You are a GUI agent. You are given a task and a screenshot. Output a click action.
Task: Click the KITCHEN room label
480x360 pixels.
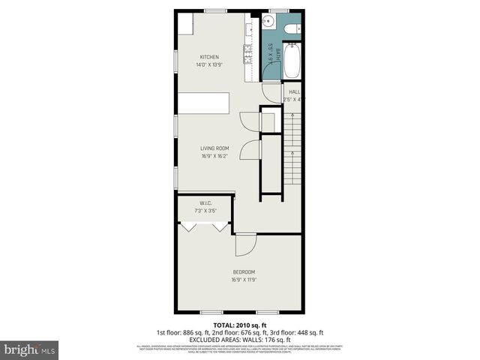coord(209,57)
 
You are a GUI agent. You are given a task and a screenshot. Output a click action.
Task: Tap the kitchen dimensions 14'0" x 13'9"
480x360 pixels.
coord(209,64)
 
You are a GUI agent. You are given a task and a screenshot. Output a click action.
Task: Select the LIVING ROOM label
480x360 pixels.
coord(214,148)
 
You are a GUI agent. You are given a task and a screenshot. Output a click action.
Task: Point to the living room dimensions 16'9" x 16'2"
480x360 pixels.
coord(214,156)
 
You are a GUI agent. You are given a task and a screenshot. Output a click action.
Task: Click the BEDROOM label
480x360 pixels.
coord(244,271)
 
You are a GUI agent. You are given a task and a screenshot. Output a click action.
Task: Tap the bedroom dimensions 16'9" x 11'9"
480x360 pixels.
coord(244,280)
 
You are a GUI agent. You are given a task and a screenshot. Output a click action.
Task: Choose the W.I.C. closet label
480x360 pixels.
coord(205,204)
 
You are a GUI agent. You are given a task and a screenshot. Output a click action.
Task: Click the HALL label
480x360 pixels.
coord(294,91)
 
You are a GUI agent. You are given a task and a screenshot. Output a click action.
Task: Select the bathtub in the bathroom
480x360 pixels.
coord(291,61)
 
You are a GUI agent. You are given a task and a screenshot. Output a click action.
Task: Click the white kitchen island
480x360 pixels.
coord(203,103)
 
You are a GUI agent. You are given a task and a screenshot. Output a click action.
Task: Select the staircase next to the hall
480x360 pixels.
coord(294,150)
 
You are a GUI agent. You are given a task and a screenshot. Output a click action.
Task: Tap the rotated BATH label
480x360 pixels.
coord(277,54)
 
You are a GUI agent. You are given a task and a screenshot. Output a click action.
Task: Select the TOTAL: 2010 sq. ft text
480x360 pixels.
coord(239,325)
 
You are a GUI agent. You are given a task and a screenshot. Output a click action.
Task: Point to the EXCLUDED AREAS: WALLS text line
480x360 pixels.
coord(239,338)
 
